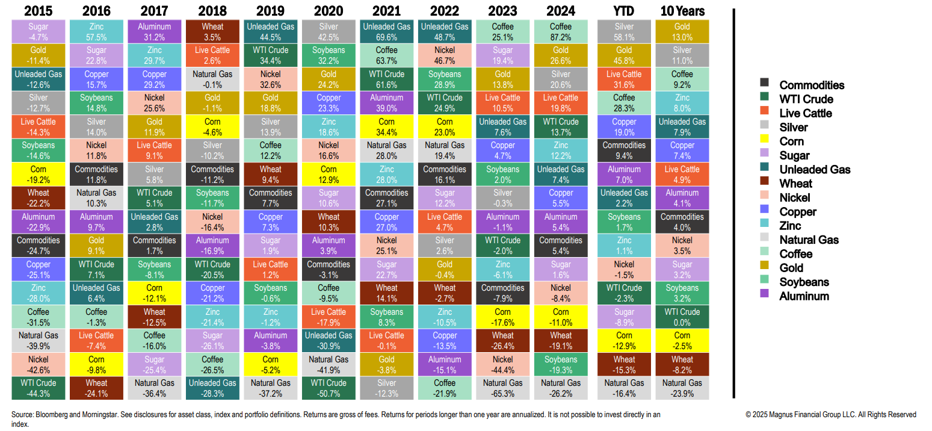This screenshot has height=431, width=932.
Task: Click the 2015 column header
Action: [x=38, y=11]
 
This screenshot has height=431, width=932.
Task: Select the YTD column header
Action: [x=624, y=11]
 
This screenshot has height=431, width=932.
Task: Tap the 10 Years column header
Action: [x=682, y=11]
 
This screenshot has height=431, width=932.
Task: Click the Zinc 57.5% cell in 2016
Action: [x=96, y=32]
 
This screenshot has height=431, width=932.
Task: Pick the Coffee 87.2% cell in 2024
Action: [x=560, y=32]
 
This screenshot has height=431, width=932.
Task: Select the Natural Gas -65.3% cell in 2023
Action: [x=502, y=388]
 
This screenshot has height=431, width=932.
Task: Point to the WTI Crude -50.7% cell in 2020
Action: [x=328, y=388]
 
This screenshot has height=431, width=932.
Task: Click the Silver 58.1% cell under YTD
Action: [x=624, y=32]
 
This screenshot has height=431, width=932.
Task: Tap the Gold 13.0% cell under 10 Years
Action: [x=682, y=32]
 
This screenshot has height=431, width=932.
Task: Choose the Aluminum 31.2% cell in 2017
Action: [x=154, y=32]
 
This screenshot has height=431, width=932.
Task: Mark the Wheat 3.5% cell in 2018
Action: [x=212, y=32]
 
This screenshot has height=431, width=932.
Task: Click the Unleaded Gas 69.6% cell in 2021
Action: [x=386, y=32]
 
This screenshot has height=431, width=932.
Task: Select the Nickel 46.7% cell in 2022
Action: [x=444, y=55]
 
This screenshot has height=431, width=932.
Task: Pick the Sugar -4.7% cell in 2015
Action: [x=38, y=32]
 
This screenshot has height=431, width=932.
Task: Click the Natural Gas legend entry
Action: [x=809, y=240]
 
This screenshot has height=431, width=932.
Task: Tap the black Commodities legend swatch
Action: [x=764, y=85]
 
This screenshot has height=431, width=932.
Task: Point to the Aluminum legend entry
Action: [x=804, y=296]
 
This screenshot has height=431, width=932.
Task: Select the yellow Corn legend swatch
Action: [x=764, y=141]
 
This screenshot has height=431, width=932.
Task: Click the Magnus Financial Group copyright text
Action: [x=831, y=415]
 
